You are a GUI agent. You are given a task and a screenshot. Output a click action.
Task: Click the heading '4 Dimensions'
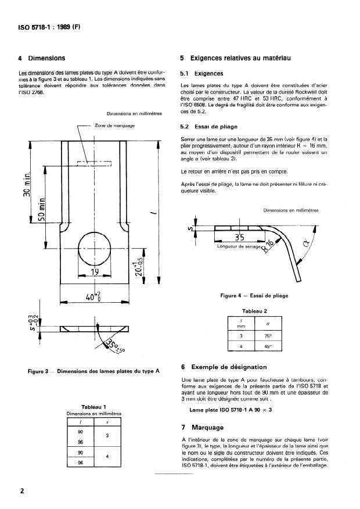(x=42, y=58)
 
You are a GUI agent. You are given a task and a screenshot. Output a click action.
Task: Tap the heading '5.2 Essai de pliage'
(x=208, y=126)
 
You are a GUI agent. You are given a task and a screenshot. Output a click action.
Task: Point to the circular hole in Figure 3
(x=94, y=246)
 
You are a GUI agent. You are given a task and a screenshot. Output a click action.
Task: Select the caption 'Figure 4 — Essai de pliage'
(x=254, y=296)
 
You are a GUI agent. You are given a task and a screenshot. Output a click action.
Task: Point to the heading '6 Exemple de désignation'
(x=224, y=367)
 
